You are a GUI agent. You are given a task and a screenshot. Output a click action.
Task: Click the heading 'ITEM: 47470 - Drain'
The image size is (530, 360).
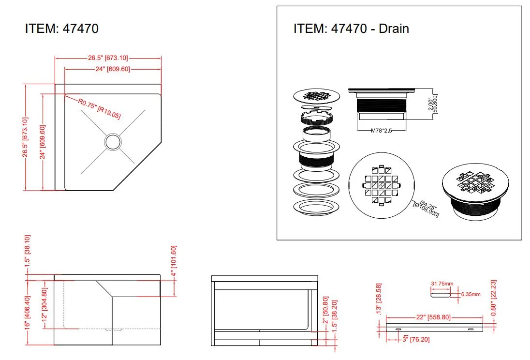click(351, 29)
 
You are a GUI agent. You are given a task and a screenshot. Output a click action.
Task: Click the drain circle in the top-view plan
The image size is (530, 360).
click(113, 142)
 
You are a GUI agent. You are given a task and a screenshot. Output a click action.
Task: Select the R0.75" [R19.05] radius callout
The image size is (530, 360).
click(99, 108)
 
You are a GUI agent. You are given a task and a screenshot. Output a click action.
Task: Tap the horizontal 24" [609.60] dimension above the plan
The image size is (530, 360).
click(113, 69)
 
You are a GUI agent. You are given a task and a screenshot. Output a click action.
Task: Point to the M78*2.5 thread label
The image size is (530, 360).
click(381, 131)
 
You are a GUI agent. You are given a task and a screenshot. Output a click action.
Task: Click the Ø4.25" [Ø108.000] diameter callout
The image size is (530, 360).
click(427, 209)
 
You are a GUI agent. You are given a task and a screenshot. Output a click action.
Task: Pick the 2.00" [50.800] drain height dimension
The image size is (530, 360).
click(433, 104)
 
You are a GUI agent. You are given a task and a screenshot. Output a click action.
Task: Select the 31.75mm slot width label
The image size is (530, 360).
click(442, 284)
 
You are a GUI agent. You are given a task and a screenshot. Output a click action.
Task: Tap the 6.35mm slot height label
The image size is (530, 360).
click(471, 294)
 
